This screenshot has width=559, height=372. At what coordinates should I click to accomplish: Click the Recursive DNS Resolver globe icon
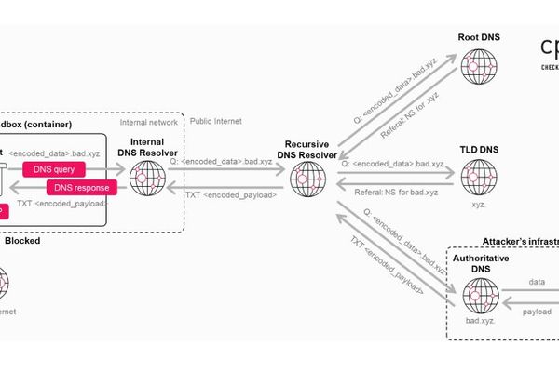[x=307, y=178]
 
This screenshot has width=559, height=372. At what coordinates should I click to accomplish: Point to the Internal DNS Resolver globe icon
[x=147, y=178]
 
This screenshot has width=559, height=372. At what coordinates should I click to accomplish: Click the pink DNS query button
[x=54, y=168]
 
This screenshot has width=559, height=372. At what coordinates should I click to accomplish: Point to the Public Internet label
[x=216, y=120]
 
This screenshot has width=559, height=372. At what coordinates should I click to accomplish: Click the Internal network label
[x=149, y=122]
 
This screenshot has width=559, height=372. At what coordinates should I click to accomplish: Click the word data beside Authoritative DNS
[x=537, y=279]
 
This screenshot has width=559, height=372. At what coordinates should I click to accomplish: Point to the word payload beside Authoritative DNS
[x=537, y=312]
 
